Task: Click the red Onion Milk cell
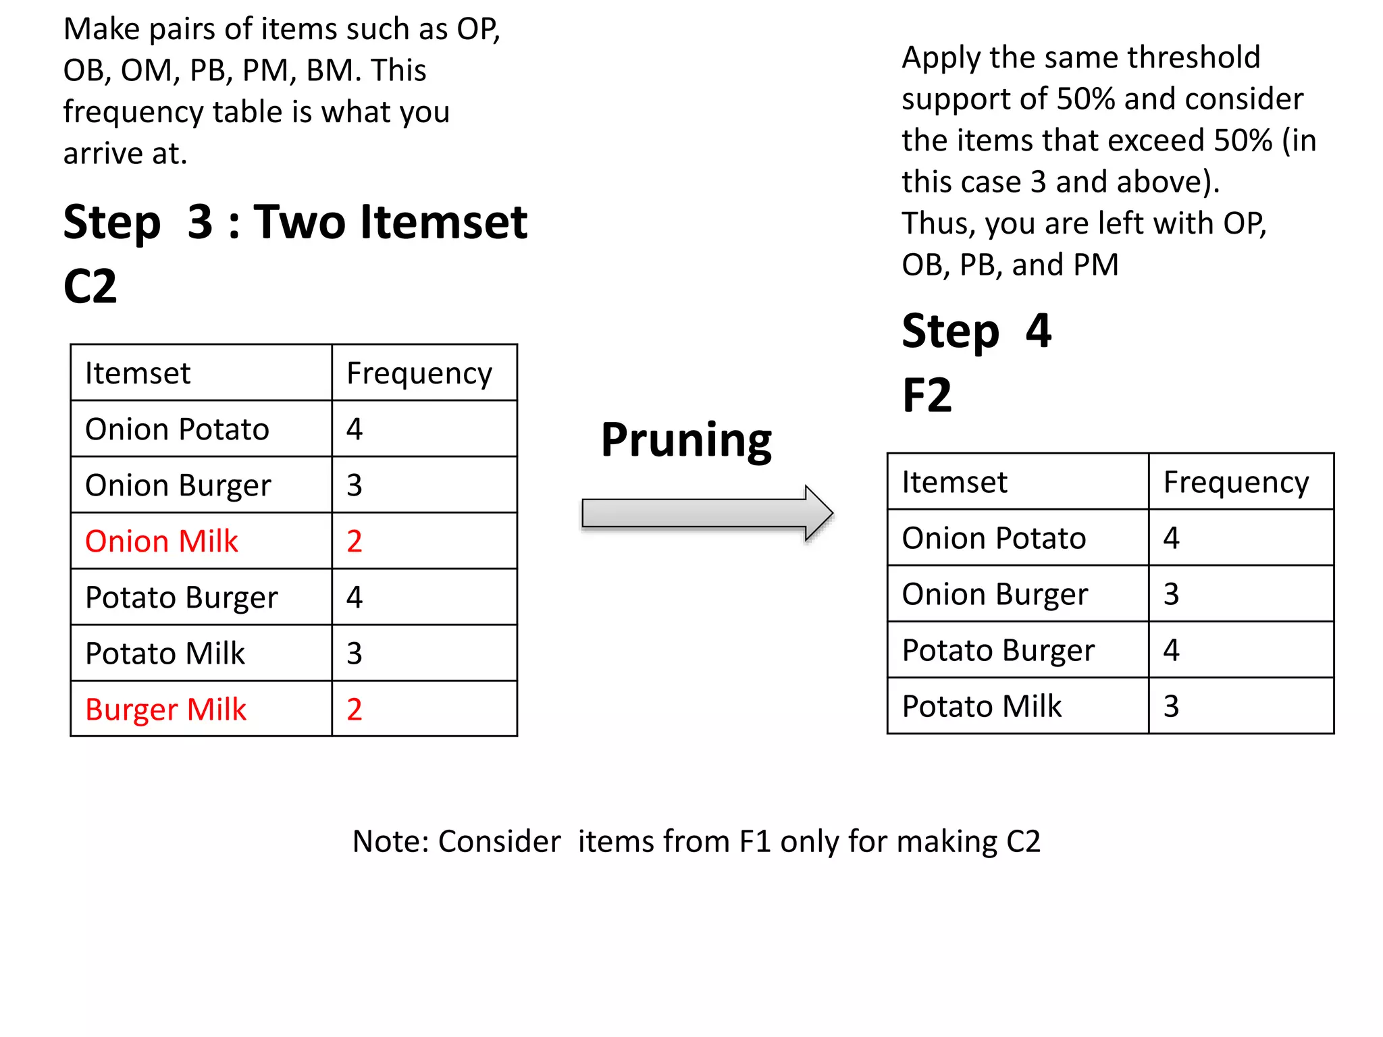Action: click(x=161, y=541)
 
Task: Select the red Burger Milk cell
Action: click(x=165, y=710)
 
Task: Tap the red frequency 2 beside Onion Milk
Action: click(x=355, y=541)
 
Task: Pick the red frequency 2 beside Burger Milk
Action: click(x=355, y=710)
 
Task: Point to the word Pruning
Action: click(x=686, y=440)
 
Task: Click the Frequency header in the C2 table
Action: click(x=419, y=373)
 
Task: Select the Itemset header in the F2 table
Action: click(x=954, y=482)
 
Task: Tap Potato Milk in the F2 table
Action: click(x=982, y=706)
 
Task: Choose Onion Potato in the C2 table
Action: click(x=177, y=429)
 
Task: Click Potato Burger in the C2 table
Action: click(x=181, y=597)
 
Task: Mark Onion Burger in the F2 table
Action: click(x=995, y=594)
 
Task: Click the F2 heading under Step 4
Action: click(x=927, y=395)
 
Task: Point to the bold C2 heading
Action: click(x=90, y=286)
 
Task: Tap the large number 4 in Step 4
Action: click(x=1039, y=331)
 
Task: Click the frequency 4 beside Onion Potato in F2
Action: click(x=1172, y=538)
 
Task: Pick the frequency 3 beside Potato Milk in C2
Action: click(x=355, y=654)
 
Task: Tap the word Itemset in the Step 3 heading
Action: click(x=444, y=222)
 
